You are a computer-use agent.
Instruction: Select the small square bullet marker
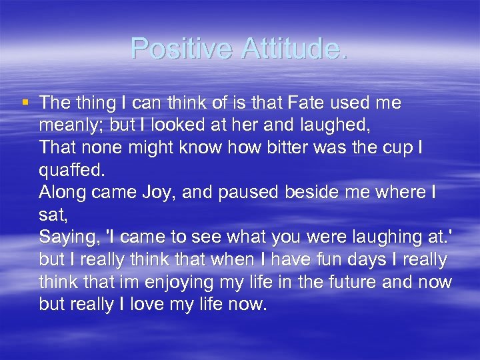pyautogui.click(x=25, y=103)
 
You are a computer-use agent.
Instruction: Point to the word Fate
pyautogui.click(x=303, y=103)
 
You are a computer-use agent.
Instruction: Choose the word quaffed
pyautogui.click(x=70, y=170)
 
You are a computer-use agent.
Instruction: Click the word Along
pyautogui.click(x=62, y=193)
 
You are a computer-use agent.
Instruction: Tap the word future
pyautogui.click(x=354, y=283)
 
